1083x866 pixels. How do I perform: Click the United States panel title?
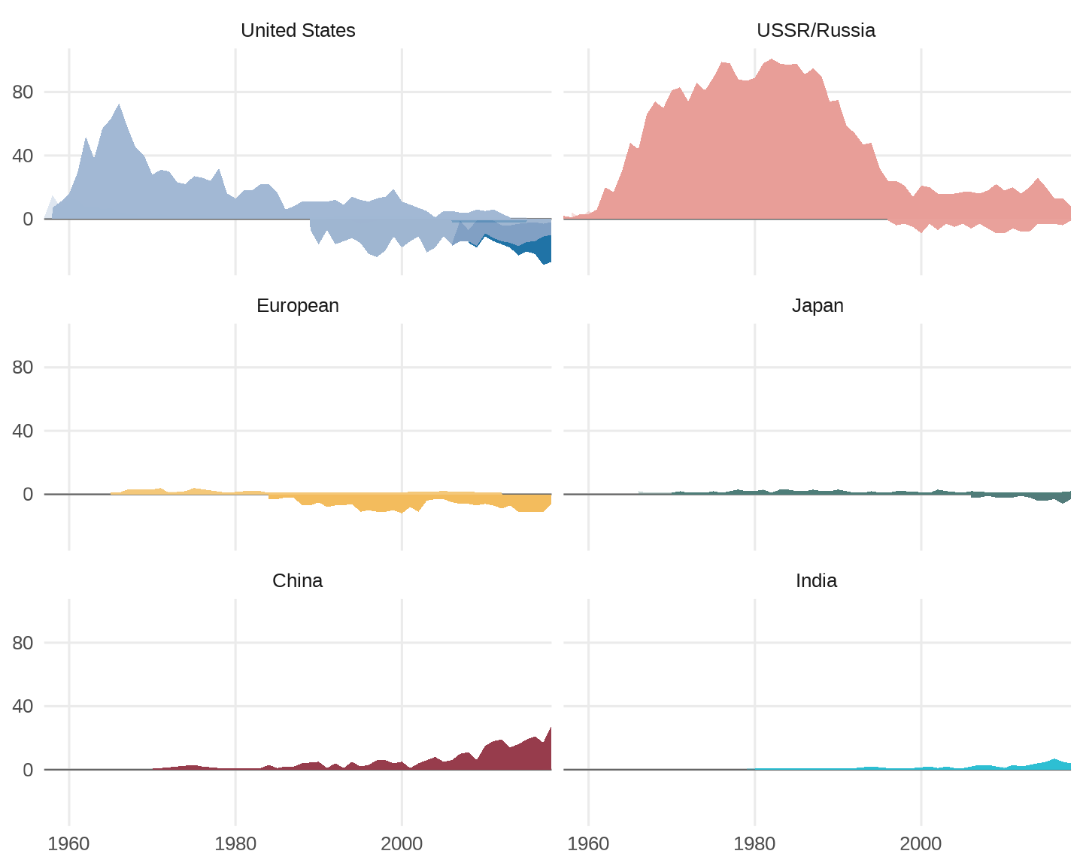[x=298, y=31]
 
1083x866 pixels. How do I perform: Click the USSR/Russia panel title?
[x=816, y=31]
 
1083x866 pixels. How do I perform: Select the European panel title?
[x=298, y=306]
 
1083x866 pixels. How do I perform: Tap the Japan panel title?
[x=818, y=306]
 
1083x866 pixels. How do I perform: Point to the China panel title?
[x=298, y=581]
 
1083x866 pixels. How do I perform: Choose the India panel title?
[x=816, y=581]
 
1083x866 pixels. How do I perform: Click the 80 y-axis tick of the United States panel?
[x=23, y=92]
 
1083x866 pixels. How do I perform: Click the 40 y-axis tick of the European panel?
[x=23, y=431]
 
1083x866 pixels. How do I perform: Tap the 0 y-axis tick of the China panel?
[x=28, y=770]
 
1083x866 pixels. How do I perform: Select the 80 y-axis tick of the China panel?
[x=23, y=643]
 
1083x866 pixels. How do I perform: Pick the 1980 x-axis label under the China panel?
[x=235, y=844]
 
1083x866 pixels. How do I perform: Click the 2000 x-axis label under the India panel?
[x=921, y=844]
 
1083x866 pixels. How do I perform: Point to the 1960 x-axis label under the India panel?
[x=588, y=844]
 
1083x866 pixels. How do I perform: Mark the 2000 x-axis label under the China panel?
[x=402, y=844]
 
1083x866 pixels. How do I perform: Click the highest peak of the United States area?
[x=119, y=105]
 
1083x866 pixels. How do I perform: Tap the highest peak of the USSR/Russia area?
[x=772, y=60]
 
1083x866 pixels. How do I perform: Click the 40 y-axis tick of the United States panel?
[x=23, y=156]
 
